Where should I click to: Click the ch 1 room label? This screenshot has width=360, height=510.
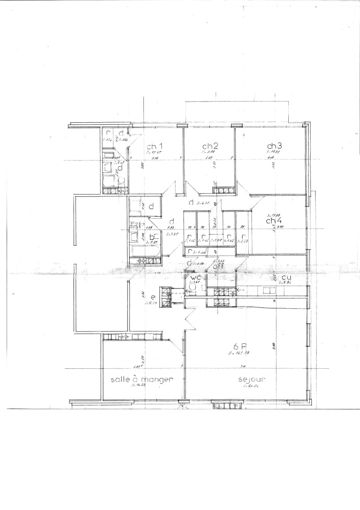154,145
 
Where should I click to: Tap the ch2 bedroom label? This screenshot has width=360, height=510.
209,145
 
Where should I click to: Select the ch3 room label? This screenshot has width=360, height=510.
274,145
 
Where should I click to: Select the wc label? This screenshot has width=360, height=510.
196,278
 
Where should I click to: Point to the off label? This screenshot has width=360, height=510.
218,266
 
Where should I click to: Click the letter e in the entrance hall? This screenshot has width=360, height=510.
140,297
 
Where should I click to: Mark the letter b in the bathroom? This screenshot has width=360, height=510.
151,237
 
